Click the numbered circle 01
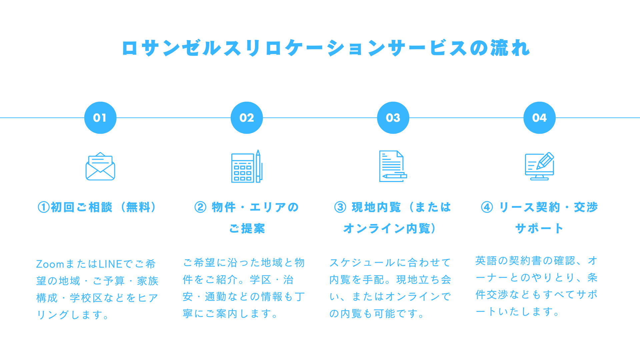pos(100,118)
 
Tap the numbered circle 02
pos(247,118)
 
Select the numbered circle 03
pos(393,118)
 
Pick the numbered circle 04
pos(539,118)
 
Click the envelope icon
pos(100,166)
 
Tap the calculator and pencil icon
pos(247,166)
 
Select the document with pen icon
pos(393,166)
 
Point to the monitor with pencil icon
pos(539,166)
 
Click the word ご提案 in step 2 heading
pos(247,228)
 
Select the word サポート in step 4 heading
pos(539,228)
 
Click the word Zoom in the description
pos(50,264)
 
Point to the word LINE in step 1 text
pos(111,264)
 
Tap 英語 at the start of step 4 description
pos(486,261)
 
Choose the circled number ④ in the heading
pos(487,207)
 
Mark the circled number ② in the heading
pos(200,207)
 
